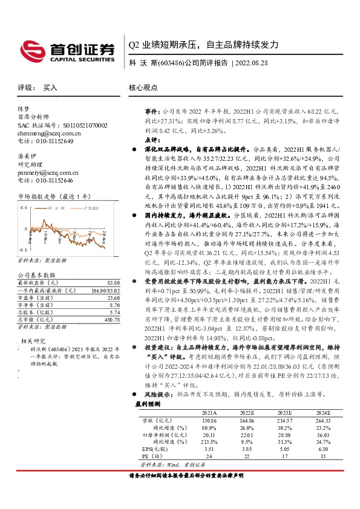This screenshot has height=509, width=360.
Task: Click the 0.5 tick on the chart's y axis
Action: point(24,207)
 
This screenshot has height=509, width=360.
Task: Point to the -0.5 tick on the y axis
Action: point(23,249)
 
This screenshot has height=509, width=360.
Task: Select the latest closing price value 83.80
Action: point(113,282)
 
